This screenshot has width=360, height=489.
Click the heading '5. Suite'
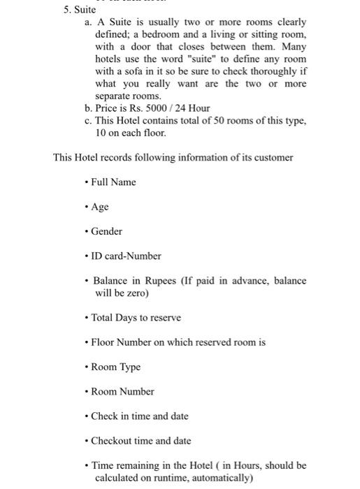click(80, 10)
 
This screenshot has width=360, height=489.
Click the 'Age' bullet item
click(100, 207)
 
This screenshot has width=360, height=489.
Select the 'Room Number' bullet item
click(122, 391)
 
